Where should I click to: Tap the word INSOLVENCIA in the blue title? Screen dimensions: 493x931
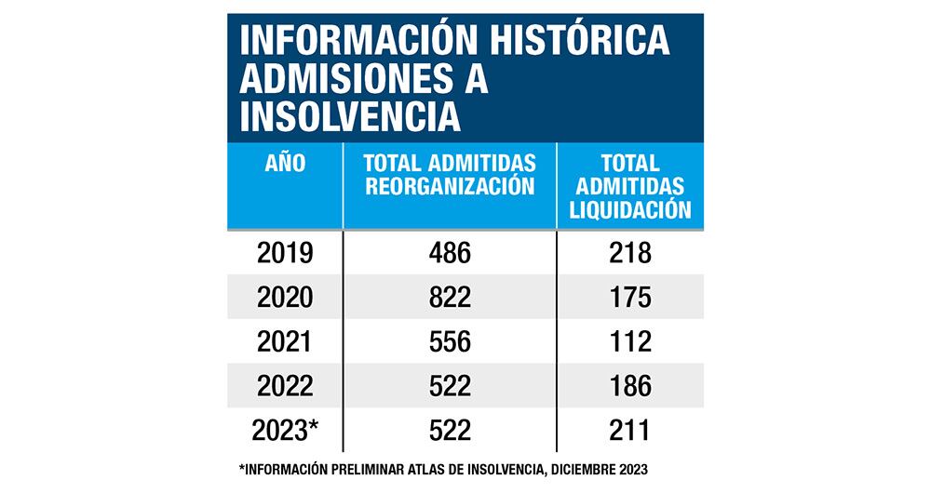point(350,118)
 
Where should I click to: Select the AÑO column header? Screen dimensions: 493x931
point(285,164)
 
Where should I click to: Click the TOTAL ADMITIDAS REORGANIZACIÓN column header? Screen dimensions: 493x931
point(450,175)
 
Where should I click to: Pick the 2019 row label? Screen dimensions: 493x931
point(285,253)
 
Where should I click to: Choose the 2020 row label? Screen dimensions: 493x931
point(285,298)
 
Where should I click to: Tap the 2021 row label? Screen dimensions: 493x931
point(285,341)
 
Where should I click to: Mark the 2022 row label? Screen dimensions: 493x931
point(285,385)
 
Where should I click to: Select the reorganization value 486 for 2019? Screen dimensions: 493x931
point(450,253)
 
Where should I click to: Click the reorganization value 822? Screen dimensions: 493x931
point(450,298)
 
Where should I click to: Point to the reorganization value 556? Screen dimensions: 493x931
point(450,341)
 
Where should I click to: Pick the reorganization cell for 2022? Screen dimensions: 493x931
point(450,385)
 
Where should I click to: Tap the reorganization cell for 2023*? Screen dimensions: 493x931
point(450,430)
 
